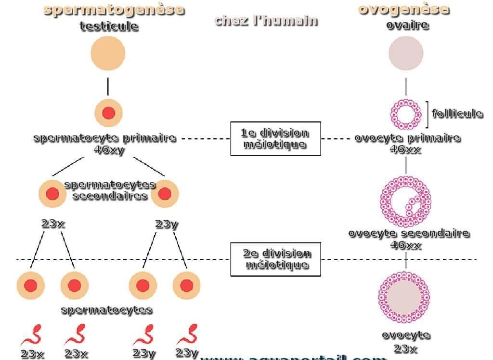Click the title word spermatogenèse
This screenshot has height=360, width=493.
click(114, 9)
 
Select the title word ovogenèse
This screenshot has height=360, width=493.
click(403, 9)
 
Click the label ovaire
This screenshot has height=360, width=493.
click(407, 25)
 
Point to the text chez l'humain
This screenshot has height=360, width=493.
click(266, 20)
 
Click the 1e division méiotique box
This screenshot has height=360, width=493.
click(275, 138)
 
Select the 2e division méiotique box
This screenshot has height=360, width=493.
click(275, 259)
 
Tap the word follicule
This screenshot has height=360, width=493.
click(457, 113)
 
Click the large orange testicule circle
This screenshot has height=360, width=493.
click(108, 53)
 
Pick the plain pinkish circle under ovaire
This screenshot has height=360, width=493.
click(406, 53)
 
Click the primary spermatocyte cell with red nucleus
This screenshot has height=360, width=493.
click(109, 113)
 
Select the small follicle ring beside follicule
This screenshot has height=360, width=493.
click(405, 114)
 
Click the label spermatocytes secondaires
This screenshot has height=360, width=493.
click(109, 190)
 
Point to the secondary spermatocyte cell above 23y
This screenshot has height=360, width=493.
click(165, 194)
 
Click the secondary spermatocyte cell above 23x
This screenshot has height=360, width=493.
click(52, 194)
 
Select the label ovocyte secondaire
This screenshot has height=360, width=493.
click(408, 233)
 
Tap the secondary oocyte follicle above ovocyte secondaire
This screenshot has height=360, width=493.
click(405, 201)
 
